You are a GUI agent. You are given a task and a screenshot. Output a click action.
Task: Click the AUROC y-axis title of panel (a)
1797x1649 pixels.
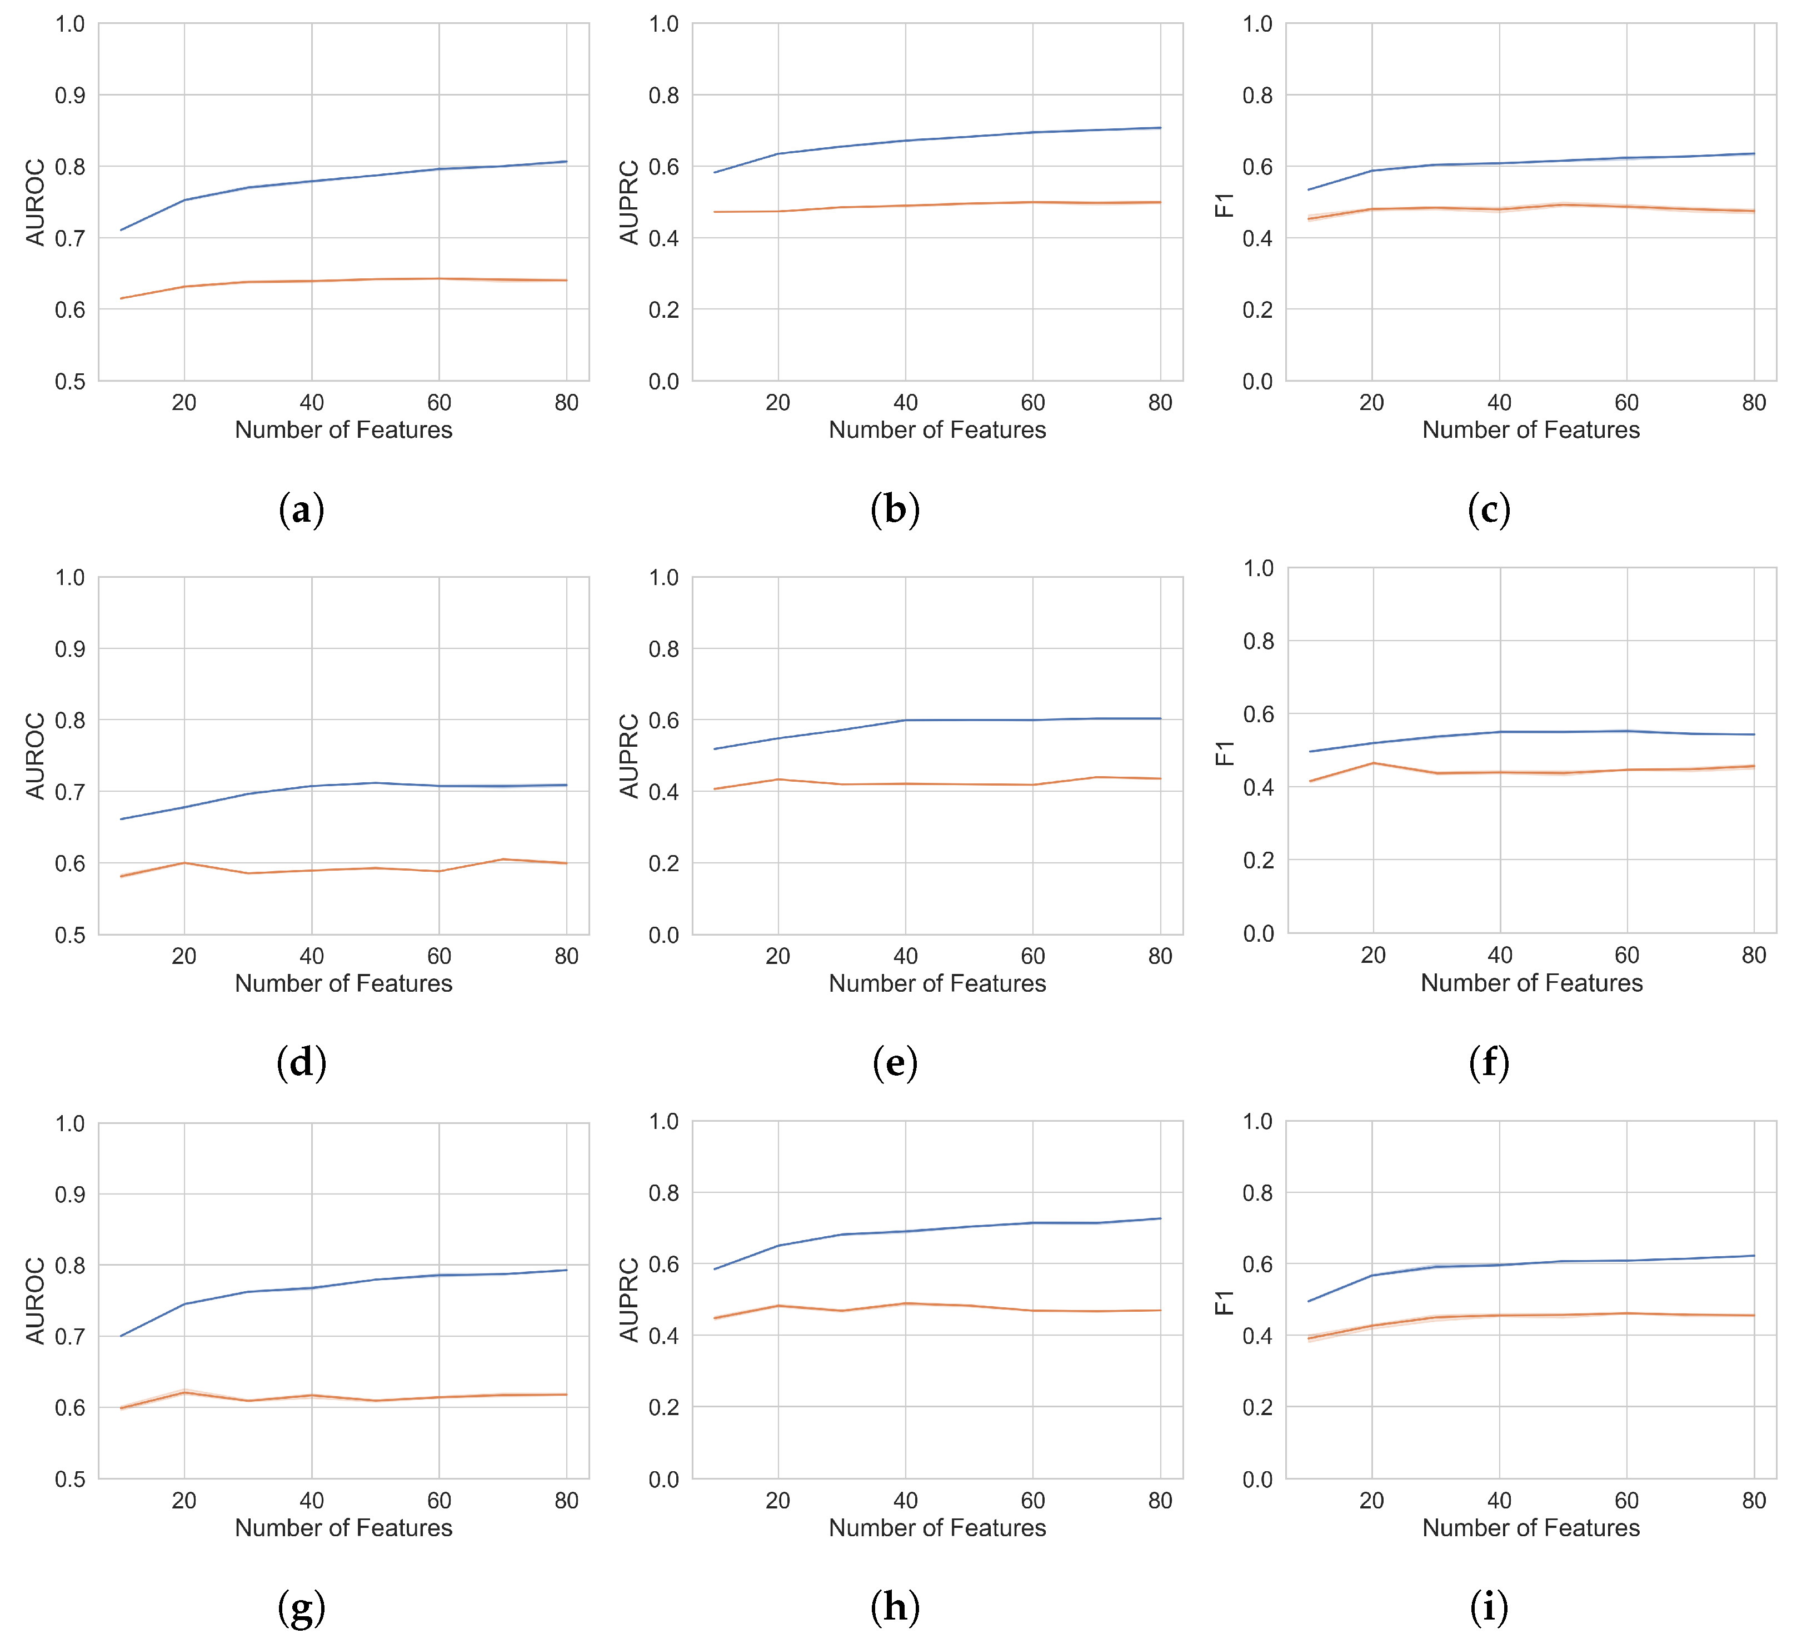coord(35,203)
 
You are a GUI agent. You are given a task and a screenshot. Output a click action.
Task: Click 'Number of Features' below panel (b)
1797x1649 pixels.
coord(937,430)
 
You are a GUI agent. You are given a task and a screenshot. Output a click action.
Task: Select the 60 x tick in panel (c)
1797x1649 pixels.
coord(1626,402)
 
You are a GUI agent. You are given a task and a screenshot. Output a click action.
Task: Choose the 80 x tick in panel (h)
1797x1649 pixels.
coord(1160,1501)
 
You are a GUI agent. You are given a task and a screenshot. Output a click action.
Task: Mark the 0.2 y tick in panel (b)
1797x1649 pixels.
coord(664,309)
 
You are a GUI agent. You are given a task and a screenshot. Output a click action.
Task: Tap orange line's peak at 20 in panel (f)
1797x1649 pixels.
coord(1373,763)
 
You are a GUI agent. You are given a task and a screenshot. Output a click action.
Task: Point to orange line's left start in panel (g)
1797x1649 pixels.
coord(121,1408)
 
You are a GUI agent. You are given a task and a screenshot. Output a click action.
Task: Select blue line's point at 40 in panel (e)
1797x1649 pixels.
coord(906,720)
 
